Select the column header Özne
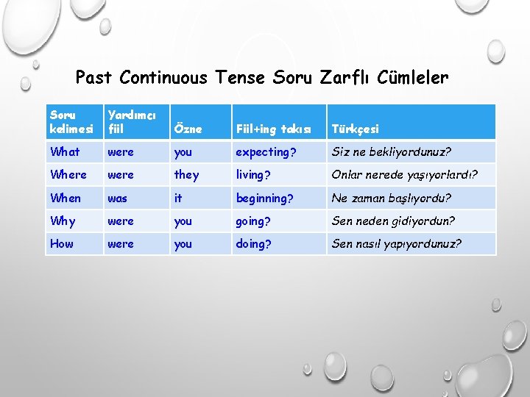pyautogui.click(x=188, y=129)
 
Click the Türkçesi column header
pyautogui.click(x=356, y=129)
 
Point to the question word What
pyautogui.click(x=65, y=151)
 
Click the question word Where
pyautogui.click(x=68, y=174)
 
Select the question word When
pyautogui.click(x=66, y=198)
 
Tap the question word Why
pyautogui.click(x=63, y=221)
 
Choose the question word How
pyautogui.click(x=62, y=243)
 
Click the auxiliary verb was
pyautogui.click(x=118, y=198)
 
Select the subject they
pyautogui.click(x=186, y=174)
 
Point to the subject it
pyautogui.click(x=177, y=198)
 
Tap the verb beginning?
pyautogui.click(x=264, y=198)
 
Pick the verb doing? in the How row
pyautogui.click(x=253, y=243)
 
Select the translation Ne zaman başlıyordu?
pyautogui.click(x=392, y=198)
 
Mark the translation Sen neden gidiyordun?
pyautogui.click(x=393, y=221)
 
